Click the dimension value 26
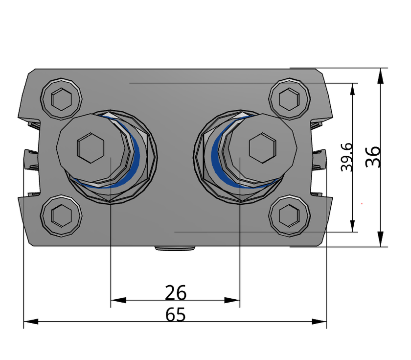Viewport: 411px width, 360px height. tap(175, 292)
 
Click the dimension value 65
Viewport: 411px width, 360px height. tap(175, 314)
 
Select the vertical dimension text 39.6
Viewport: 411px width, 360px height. tap(347, 157)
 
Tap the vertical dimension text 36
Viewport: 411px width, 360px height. tap(373, 157)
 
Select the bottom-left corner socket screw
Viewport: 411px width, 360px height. tap(61, 214)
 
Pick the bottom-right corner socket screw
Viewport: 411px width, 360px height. tap(290, 214)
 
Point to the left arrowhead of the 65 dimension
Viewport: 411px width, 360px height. tap(30, 321)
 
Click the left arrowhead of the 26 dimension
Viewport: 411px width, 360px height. tap(118, 300)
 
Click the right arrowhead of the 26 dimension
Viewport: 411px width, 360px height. tap(233, 300)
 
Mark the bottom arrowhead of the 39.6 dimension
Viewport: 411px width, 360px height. tap(352, 226)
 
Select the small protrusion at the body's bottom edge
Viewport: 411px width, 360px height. tap(175, 248)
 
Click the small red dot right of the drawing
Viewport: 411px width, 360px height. tap(362, 203)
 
